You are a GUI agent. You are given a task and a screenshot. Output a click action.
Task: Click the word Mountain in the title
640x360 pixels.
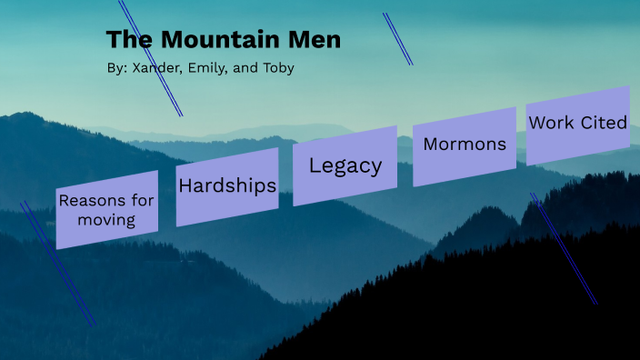(x=217, y=40)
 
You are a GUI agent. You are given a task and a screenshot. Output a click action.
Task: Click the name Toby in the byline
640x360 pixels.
(x=276, y=68)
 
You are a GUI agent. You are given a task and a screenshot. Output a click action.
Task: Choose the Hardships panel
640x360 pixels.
(x=227, y=186)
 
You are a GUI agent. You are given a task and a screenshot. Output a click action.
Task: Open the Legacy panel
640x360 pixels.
(x=345, y=165)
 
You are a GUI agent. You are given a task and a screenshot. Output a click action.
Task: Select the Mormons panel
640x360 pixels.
(x=464, y=145)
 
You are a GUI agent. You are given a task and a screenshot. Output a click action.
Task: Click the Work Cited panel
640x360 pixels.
(x=578, y=123)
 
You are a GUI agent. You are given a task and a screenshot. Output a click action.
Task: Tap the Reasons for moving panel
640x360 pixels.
(x=106, y=209)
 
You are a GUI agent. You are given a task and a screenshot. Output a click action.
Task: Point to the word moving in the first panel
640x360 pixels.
(x=106, y=220)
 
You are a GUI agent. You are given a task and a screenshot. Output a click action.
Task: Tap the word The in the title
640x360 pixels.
(x=126, y=40)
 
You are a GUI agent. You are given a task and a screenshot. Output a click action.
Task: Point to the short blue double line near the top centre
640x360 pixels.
(x=397, y=38)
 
